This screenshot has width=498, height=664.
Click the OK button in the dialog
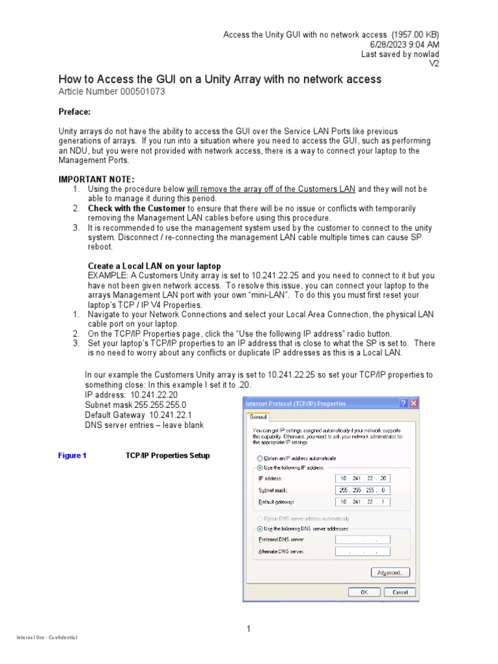[364, 592]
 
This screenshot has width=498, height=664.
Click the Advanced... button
[390, 573]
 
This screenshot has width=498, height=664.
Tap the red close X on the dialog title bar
[414, 403]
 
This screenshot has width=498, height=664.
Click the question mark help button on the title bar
[403, 403]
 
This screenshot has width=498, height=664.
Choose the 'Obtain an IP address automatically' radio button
[260, 457]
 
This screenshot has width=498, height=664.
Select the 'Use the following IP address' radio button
[260, 467]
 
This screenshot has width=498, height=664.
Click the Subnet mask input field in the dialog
[363, 490]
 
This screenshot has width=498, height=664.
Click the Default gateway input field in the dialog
[363, 502]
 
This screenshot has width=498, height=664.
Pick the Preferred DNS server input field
[363, 539]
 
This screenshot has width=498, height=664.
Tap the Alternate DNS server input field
[363, 552]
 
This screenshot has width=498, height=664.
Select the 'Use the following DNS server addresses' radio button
[260, 528]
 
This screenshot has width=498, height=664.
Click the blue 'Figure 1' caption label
[72, 456]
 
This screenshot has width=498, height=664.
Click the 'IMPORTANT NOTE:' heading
[97, 179]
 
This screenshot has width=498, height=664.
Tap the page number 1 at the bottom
[248, 628]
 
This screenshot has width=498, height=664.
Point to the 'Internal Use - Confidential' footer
[47, 638]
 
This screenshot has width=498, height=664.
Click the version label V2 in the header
[434, 64]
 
